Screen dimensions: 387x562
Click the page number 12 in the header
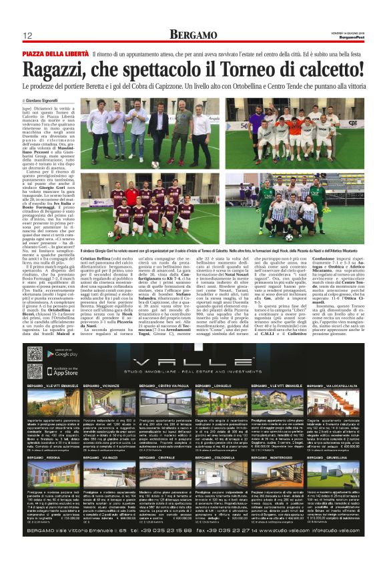click(x=29, y=35)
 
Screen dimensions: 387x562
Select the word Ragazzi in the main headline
click(x=59, y=69)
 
